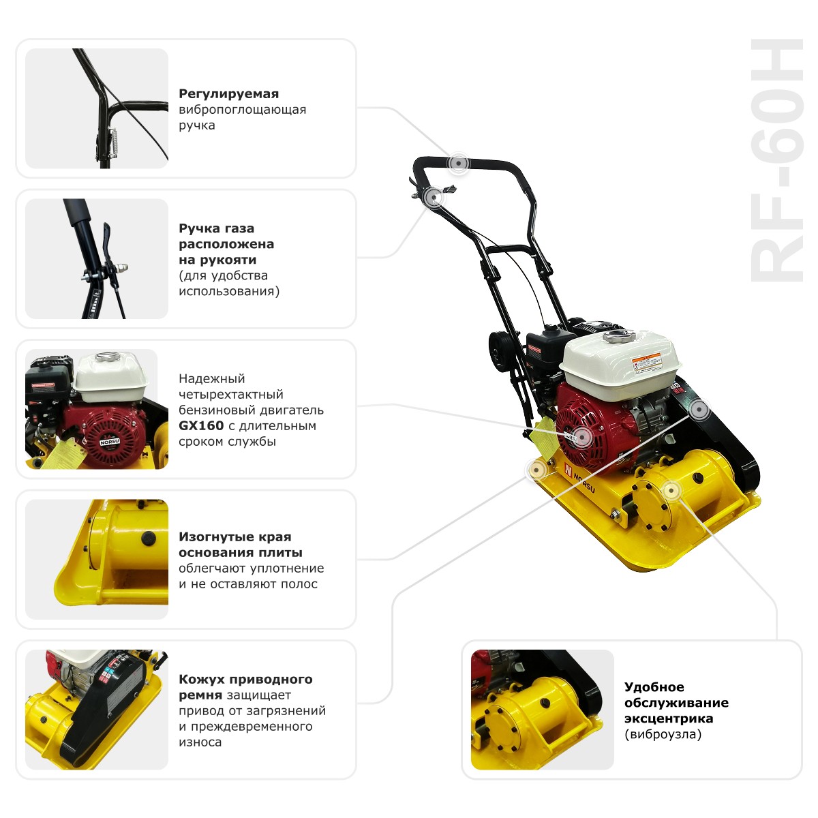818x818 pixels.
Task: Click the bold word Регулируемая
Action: click(x=228, y=94)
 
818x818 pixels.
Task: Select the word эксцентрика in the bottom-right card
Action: click(x=668, y=718)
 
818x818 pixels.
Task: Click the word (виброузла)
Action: click(x=663, y=734)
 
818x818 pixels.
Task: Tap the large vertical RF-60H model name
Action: click(x=777, y=160)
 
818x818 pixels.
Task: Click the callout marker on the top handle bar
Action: click(x=459, y=164)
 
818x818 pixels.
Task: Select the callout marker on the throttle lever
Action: click(x=434, y=196)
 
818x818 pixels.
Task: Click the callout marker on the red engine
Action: click(x=581, y=436)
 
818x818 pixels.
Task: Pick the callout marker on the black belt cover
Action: click(x=699, y=410)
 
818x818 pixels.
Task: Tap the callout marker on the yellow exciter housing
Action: click(x=671, y=490)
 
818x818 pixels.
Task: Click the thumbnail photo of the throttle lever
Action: click(x=97, y=258)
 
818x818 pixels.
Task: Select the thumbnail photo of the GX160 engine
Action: click(x=97, y=409)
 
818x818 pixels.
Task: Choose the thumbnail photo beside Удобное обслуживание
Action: click(x=543, y=710)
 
